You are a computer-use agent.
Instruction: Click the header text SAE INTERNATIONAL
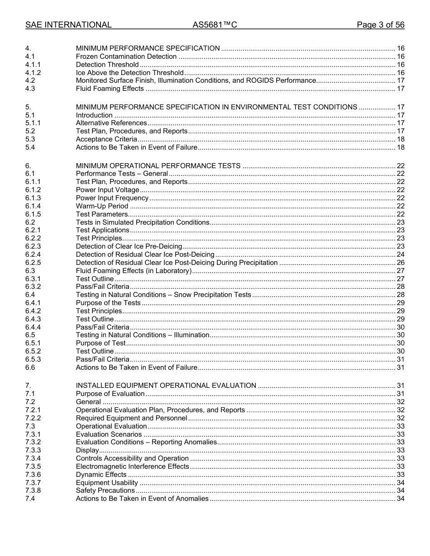coord(68,25)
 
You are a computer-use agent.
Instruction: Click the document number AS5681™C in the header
coord(215,25)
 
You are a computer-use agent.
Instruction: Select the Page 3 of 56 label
coord(380,25)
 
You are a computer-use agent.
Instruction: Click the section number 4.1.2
coord(33,73)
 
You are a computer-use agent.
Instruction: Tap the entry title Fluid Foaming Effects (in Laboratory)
coord(134,271)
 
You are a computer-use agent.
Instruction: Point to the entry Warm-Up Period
coord(102,206)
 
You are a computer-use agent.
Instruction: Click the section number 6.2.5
coord(33,263)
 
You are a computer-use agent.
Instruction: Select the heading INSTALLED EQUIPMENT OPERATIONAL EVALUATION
coord(166,386)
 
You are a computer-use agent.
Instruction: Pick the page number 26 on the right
coord(400,263)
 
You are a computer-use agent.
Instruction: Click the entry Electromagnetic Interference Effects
coord(132,466)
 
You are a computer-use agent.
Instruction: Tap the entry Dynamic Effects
coord(101,475)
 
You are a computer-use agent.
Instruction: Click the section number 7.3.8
coord(33,490)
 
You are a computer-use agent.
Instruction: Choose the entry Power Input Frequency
coord(112,198)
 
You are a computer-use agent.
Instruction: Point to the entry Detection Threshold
coord(107,65)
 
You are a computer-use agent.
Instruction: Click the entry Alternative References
coord(111,123)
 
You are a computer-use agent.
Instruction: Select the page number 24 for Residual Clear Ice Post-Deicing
coord(400,254)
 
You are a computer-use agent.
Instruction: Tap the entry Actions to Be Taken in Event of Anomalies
coord(142,499)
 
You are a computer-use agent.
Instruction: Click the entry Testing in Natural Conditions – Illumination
coord(142,335)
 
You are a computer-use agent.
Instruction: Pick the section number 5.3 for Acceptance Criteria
coord(30,139)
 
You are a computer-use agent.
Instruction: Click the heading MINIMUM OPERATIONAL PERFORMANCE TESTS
coord(158,166)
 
